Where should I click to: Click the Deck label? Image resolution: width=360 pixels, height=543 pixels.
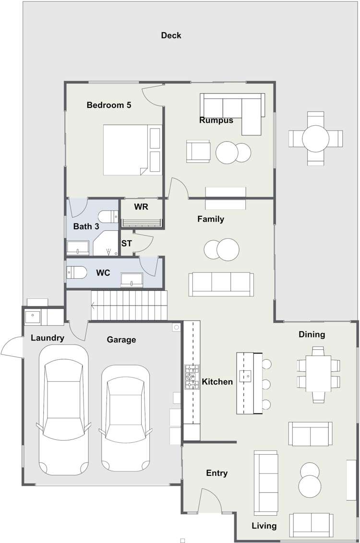coord(171,35)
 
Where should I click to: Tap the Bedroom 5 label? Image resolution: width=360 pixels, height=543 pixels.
coord(109,105)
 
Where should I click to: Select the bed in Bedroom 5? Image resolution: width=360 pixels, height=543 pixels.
coord(132,150)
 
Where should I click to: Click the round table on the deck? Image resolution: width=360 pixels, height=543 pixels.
coord(315,139)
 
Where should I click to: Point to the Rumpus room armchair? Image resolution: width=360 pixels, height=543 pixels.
coord(198,151)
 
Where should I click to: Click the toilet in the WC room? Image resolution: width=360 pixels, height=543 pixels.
coord(77,272)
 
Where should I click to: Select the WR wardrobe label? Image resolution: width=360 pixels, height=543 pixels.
coord(141,207)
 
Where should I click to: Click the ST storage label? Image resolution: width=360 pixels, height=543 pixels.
coord(126,244)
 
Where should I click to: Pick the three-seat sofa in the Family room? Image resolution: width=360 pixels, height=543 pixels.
coord(221,284)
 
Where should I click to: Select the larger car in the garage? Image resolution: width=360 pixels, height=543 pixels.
coord(63,410)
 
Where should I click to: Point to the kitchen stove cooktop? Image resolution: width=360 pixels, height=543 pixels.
coord(192,377)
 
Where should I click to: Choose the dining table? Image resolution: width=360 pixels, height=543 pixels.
coord(318,374)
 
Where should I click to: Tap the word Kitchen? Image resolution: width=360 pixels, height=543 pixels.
coord(217,382)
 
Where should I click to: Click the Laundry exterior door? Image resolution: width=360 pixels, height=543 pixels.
coord(12,346)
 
